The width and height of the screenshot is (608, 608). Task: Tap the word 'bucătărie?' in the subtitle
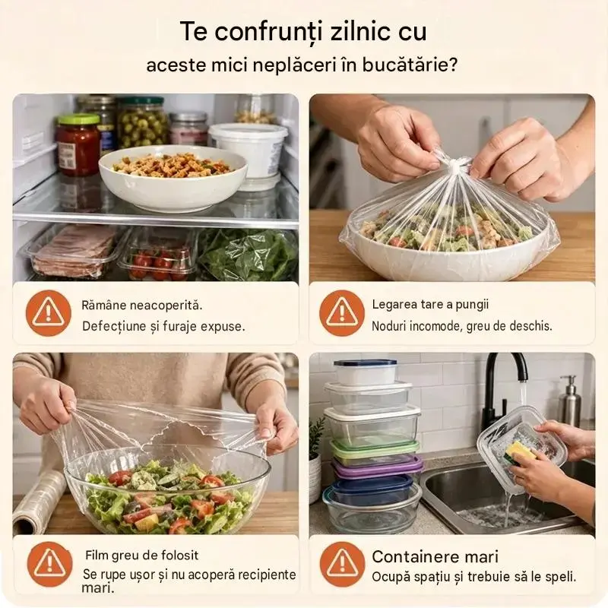[410, 65]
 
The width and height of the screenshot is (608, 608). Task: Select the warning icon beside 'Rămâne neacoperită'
[49, 313]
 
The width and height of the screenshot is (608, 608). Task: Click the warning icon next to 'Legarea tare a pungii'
[342, 313]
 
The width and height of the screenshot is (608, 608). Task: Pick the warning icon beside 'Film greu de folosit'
[49, 564]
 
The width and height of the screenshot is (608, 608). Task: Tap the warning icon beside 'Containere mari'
[343, 564]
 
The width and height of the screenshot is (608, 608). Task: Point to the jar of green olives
[142, 121]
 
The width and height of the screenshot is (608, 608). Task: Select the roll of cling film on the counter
[39, 502]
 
